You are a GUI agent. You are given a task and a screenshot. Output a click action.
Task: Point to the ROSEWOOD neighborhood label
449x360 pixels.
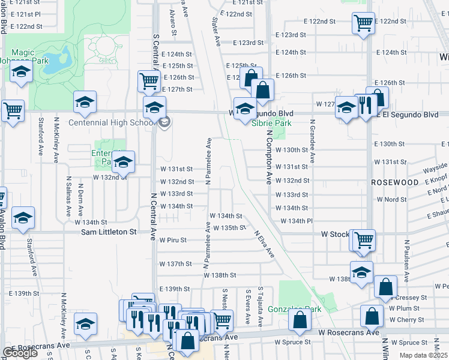click(x=394, y=182)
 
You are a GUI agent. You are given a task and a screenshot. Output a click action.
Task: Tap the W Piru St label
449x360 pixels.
click(x=173, y=239)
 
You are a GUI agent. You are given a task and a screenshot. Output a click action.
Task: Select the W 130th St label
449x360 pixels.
click(x=292, y=150)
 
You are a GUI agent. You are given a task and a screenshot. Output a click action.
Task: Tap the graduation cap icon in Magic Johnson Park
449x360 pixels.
click(x=22, y=73)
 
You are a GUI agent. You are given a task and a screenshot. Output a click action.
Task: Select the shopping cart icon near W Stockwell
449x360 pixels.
click(x=364, y=239)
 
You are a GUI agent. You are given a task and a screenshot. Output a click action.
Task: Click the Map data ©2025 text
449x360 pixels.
click(x=423, y=355)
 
